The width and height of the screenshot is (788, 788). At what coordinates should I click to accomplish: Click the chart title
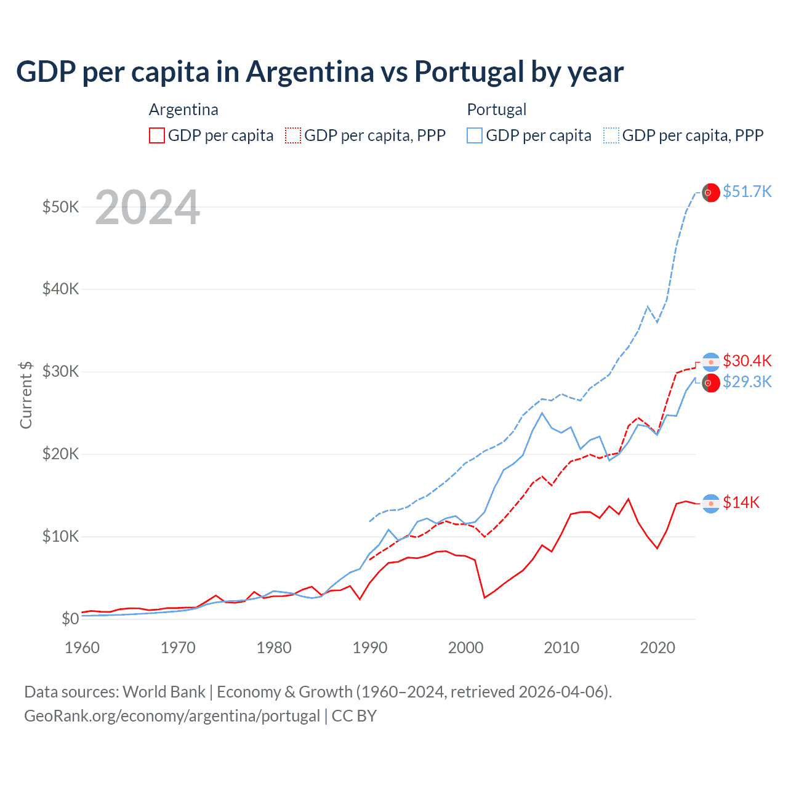[x=320, y=71]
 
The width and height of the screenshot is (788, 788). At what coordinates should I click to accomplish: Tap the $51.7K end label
[x=747, y=191]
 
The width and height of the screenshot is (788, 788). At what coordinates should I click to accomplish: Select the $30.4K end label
[x=747, y=361]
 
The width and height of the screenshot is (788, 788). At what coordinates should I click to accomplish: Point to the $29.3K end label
[x=747, y=382]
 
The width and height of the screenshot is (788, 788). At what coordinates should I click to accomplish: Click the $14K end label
[x=741, y=502]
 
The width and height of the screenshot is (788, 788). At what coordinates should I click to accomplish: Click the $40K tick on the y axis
[x=60, y=289]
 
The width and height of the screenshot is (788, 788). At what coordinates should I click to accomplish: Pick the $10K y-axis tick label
[x=60, y=536]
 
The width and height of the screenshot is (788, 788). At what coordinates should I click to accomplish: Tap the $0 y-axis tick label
[x=70, y=619]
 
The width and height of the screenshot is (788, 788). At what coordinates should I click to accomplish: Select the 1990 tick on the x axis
[x=370, y=648]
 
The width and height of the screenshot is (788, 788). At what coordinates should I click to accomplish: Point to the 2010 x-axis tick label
[x=561, y=648]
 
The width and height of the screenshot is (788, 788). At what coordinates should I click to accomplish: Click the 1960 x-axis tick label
[x=82, y=648]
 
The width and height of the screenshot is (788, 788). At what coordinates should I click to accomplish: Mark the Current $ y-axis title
[x=26, y=395]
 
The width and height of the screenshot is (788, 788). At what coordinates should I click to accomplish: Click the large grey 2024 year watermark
[x=147, y=207]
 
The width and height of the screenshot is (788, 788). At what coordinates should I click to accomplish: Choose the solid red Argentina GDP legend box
[x=157, y=135]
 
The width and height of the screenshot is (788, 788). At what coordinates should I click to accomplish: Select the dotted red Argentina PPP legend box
[x=293, y=135]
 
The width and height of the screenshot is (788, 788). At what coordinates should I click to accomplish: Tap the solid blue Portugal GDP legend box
[x=475, y=135]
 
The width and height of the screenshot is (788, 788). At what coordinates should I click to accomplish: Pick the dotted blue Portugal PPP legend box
[x=611, y=135]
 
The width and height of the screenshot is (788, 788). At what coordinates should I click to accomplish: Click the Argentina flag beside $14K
[x=711, y=504]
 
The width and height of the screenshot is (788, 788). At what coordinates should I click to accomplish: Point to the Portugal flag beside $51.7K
[x=711, y=193]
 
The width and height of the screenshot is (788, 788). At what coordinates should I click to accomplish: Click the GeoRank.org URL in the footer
[x=172, y=716]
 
